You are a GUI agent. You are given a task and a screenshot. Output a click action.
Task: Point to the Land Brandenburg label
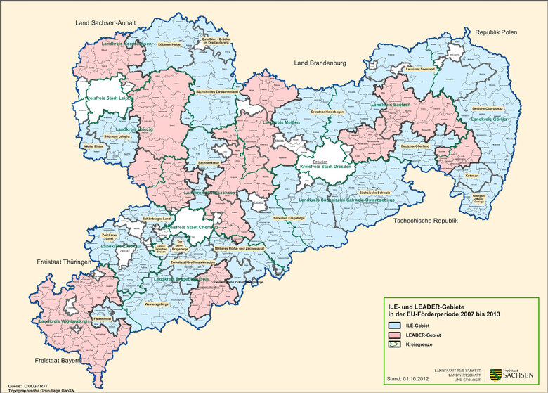click(x=320, y=63)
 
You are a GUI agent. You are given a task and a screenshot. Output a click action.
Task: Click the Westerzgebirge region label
click(x=157, y=304)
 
